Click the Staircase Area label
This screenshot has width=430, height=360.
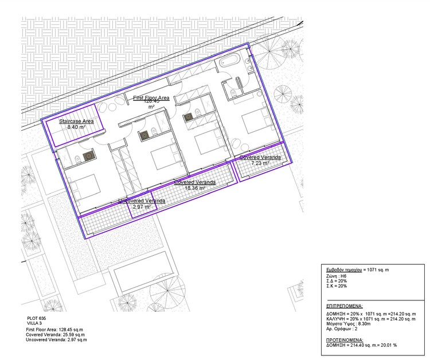(77, 122)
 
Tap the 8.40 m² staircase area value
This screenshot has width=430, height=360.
(76, 127)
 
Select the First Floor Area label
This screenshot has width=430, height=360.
(151, 99)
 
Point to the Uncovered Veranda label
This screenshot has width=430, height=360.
(142, 201)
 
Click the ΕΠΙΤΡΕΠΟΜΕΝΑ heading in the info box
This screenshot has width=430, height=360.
(345, 306)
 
